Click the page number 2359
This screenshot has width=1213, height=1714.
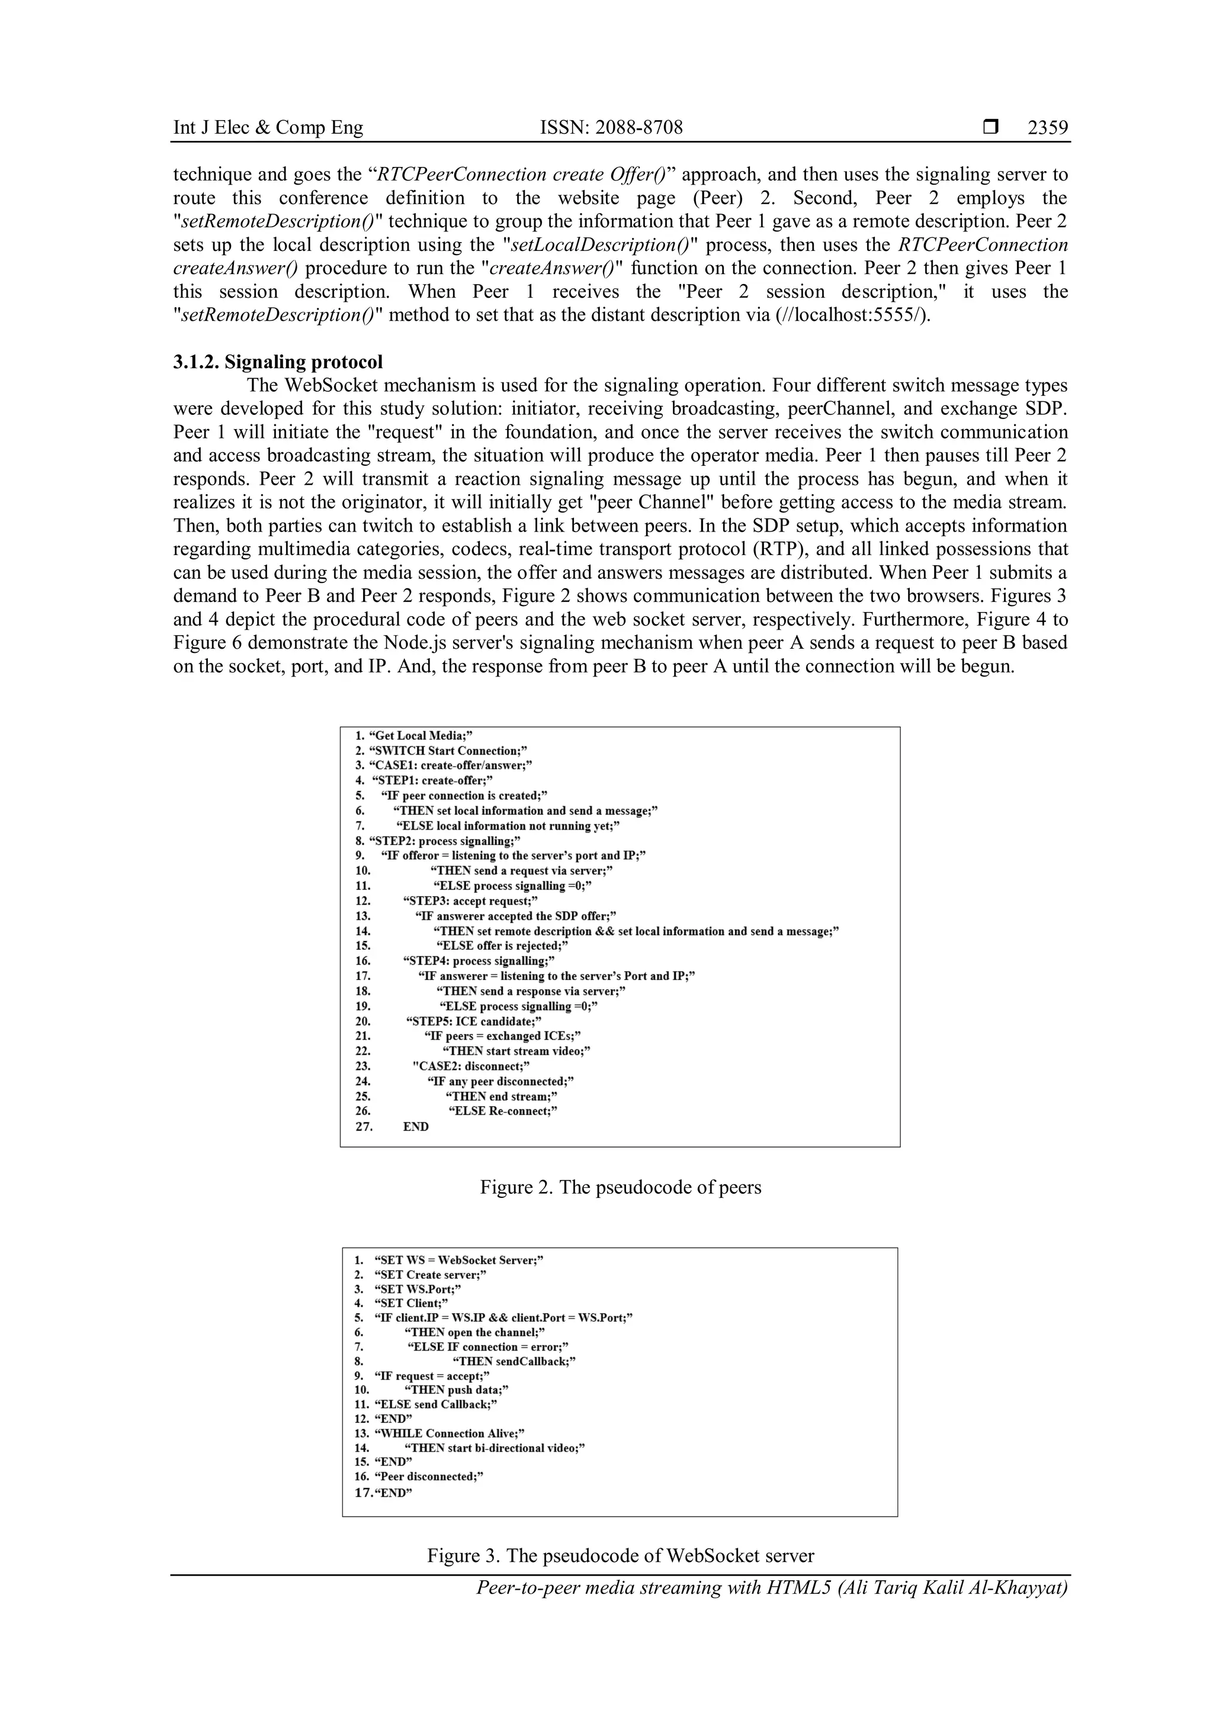point(1047,128)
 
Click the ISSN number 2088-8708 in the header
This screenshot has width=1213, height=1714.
point(611,128)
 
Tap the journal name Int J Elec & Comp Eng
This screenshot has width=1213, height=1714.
point(268,128)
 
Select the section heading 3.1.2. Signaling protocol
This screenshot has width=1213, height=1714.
point(278,362)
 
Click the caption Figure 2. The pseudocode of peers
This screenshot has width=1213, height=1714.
point(620,1187)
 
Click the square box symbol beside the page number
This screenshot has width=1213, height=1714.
point(990,128)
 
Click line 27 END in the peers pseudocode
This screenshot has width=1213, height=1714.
point(415,1126)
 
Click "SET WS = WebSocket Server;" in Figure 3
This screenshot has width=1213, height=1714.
point(458,1261)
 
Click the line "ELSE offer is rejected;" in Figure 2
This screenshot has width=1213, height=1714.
point(502,946)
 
